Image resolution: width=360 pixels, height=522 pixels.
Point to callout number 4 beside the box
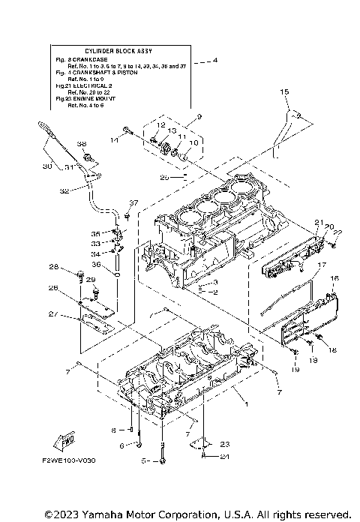216,60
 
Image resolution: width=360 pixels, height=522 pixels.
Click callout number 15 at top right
284,91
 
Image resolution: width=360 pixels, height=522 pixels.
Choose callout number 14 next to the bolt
115,139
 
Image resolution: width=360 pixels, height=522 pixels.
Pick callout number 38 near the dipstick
82,144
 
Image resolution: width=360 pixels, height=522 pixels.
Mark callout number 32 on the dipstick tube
64,191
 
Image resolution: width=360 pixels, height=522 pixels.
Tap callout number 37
133,203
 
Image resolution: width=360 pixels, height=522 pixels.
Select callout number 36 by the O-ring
96,264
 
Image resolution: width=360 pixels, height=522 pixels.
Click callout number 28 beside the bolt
54,268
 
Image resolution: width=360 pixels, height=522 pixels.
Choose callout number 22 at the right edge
337,232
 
